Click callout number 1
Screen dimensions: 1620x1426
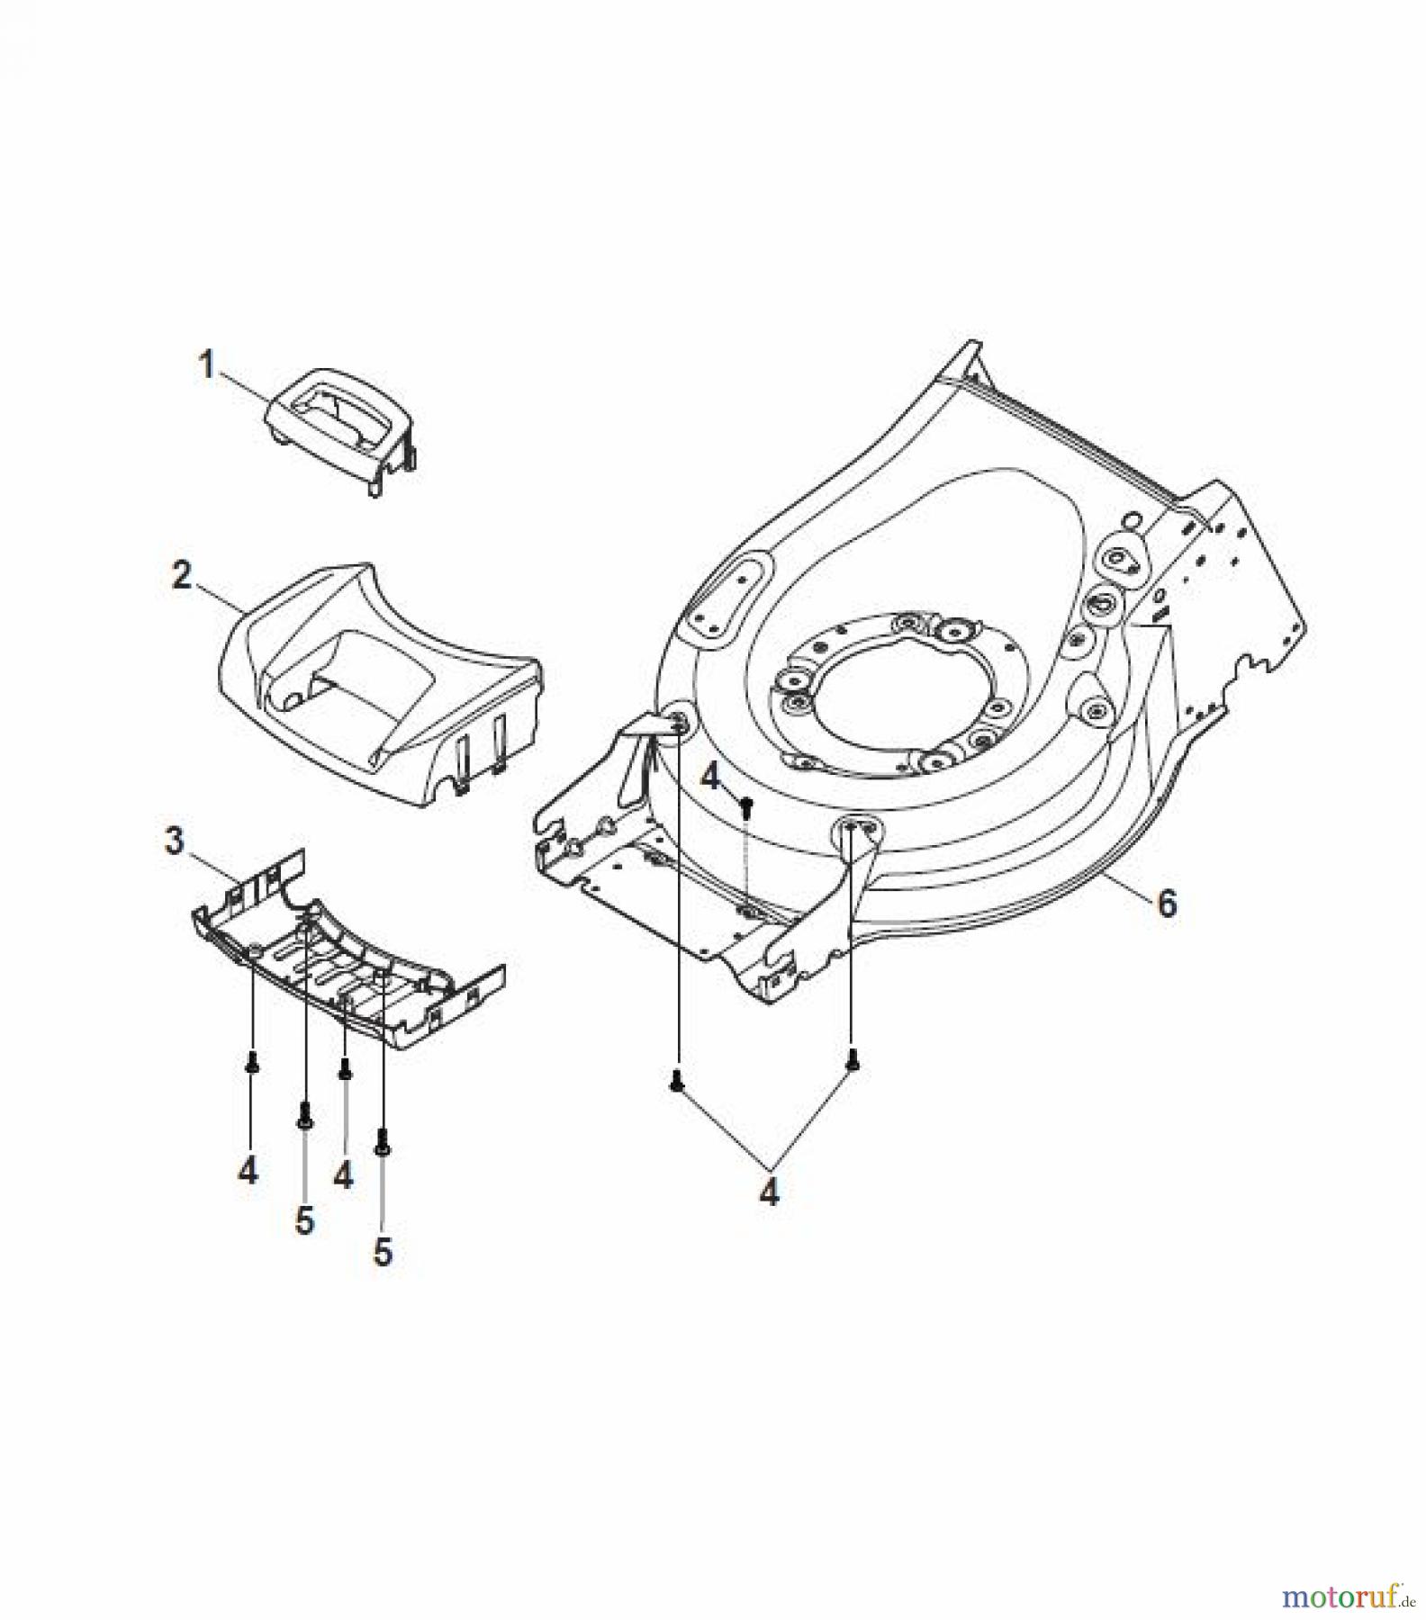[x=207, y=366]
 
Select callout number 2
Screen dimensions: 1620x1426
[x=182, y=575]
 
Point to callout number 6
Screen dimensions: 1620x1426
[x=1167, y=903]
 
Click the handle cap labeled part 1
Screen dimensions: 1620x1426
[x=343, y=429]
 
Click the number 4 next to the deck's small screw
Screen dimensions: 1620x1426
[x=711, y=777]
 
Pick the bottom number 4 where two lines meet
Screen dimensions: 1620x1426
[x=770, y=1192]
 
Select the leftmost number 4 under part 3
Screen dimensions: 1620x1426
[x=248, y=1170]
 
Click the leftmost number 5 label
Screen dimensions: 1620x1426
[x=305, y=1220]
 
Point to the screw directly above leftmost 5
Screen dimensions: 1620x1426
[x=304, y=1115]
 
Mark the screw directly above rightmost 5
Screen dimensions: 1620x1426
[x=384, y=1143]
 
